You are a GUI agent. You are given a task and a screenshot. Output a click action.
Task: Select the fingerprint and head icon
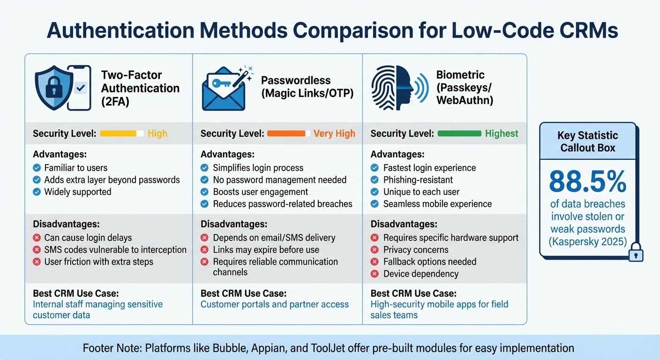391,88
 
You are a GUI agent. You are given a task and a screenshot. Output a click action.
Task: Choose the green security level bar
459,134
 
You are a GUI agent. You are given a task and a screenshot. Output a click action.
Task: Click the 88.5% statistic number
588,182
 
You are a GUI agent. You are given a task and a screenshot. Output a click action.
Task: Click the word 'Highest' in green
502,134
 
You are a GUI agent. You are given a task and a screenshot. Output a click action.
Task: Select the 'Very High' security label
334,134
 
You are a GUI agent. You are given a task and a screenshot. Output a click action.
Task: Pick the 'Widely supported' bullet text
78,192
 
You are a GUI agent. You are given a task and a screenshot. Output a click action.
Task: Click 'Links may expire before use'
266,250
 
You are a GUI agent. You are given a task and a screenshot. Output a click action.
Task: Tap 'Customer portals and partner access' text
275,304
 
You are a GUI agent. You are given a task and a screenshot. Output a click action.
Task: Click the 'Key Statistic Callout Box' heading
588,142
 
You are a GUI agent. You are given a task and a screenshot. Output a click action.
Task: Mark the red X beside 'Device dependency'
375,274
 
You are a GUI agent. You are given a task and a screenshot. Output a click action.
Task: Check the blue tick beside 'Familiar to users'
37,168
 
